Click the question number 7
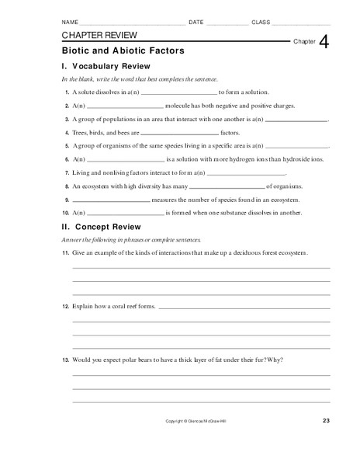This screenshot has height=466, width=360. [x=67, y=172]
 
